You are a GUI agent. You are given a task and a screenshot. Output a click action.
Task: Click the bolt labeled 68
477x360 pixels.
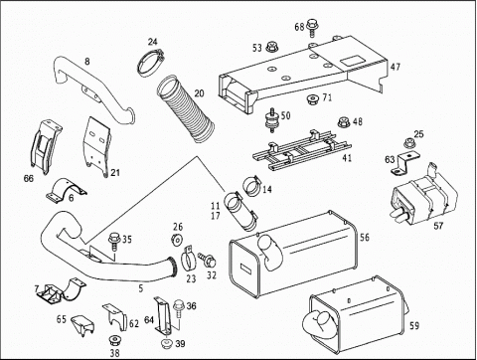pyautogui.click(x=311, y=27)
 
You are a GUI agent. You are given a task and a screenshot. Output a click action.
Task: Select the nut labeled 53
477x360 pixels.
pyautogui.click(x=272, y=47)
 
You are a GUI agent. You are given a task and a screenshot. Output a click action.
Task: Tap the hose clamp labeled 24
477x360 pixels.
pyautogui.click(x=149, y=63)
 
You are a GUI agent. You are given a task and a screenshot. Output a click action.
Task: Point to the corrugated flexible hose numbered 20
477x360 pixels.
pyautogui.click(x=186, y=108)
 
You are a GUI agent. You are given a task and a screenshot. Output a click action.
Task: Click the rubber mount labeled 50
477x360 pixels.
pyautogui.click(x=272, y=120)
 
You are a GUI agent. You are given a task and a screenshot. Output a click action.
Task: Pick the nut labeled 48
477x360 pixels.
pyautogui.click(x=344, y=122)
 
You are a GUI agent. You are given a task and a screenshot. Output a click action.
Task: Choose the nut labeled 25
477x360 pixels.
pyautogui.click(x=409, y=143)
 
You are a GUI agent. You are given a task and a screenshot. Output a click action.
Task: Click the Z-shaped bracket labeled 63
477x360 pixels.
pyautogui.click(x=405, y=162)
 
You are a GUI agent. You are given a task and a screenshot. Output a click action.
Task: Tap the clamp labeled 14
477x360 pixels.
pyautogui.click(x=253, y=186)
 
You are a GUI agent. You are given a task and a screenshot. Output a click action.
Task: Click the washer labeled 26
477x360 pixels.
pyautogui.click(x=177, y=239)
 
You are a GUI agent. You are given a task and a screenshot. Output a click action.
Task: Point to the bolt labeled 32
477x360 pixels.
pyautogui.click(x=208, y=259)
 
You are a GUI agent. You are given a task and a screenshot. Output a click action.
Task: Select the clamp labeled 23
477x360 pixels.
pyautogui.click(x=189, y=258)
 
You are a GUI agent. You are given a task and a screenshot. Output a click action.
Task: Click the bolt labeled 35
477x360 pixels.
pyautogui.click(x=114, y=241)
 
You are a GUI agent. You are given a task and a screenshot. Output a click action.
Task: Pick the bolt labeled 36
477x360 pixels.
pyautogui.click(x=179, y=309)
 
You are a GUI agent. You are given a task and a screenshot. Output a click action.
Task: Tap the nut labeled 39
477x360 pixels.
pyautogui.click(x=167, y=343)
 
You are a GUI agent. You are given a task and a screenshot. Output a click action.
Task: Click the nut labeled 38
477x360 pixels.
pyautogui.click(x=114, y=340)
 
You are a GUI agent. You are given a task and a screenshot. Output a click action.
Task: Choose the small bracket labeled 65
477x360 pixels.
pyautogui.click(x=82, y=325)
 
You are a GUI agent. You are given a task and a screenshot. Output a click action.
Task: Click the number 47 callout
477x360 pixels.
pyautogui.click(x=396, y=67)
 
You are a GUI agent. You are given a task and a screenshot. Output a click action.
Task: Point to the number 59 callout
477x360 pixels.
pyautogui.click(x=414, y=326)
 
